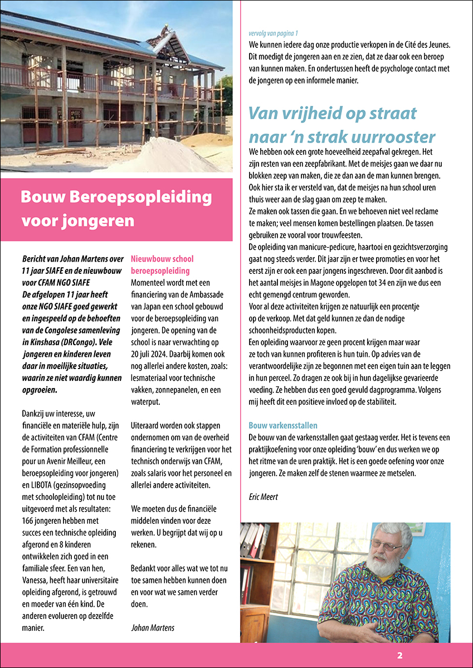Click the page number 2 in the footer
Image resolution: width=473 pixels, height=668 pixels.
tap(399, 655)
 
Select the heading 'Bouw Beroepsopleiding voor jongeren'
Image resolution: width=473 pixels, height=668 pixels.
tap(116, 209)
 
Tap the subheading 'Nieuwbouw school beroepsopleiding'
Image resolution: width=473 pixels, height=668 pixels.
tap(162, 265)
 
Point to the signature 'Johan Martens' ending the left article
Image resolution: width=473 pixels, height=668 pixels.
tap(153, 627)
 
